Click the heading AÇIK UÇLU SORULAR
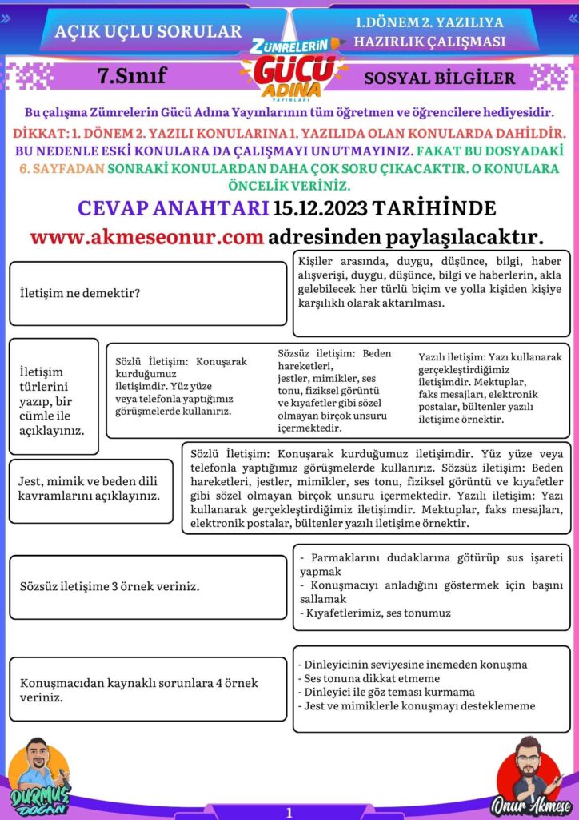pyautogui.click(x=148, y=32)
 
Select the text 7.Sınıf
pyautogui.click(x=131, y=77)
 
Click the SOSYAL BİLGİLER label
pyautogui.click(x=439, y=78)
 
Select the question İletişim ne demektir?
pyautogui.click(x=80, y=293)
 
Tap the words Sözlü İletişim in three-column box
pyautogui.click(x=153, y=361)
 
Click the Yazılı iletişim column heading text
pyautogui.click(x=451, y=357)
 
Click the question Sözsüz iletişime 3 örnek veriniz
pyautogui.click(x=110, y=586)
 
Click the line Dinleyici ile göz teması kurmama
pyautogui.click(x=385, y=692)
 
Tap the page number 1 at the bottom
pyautogui.click(x=289, y=812)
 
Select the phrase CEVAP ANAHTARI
pyautogui.click(x=173, y=208)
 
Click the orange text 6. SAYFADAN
pyautogui.click(x=61, y=169)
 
